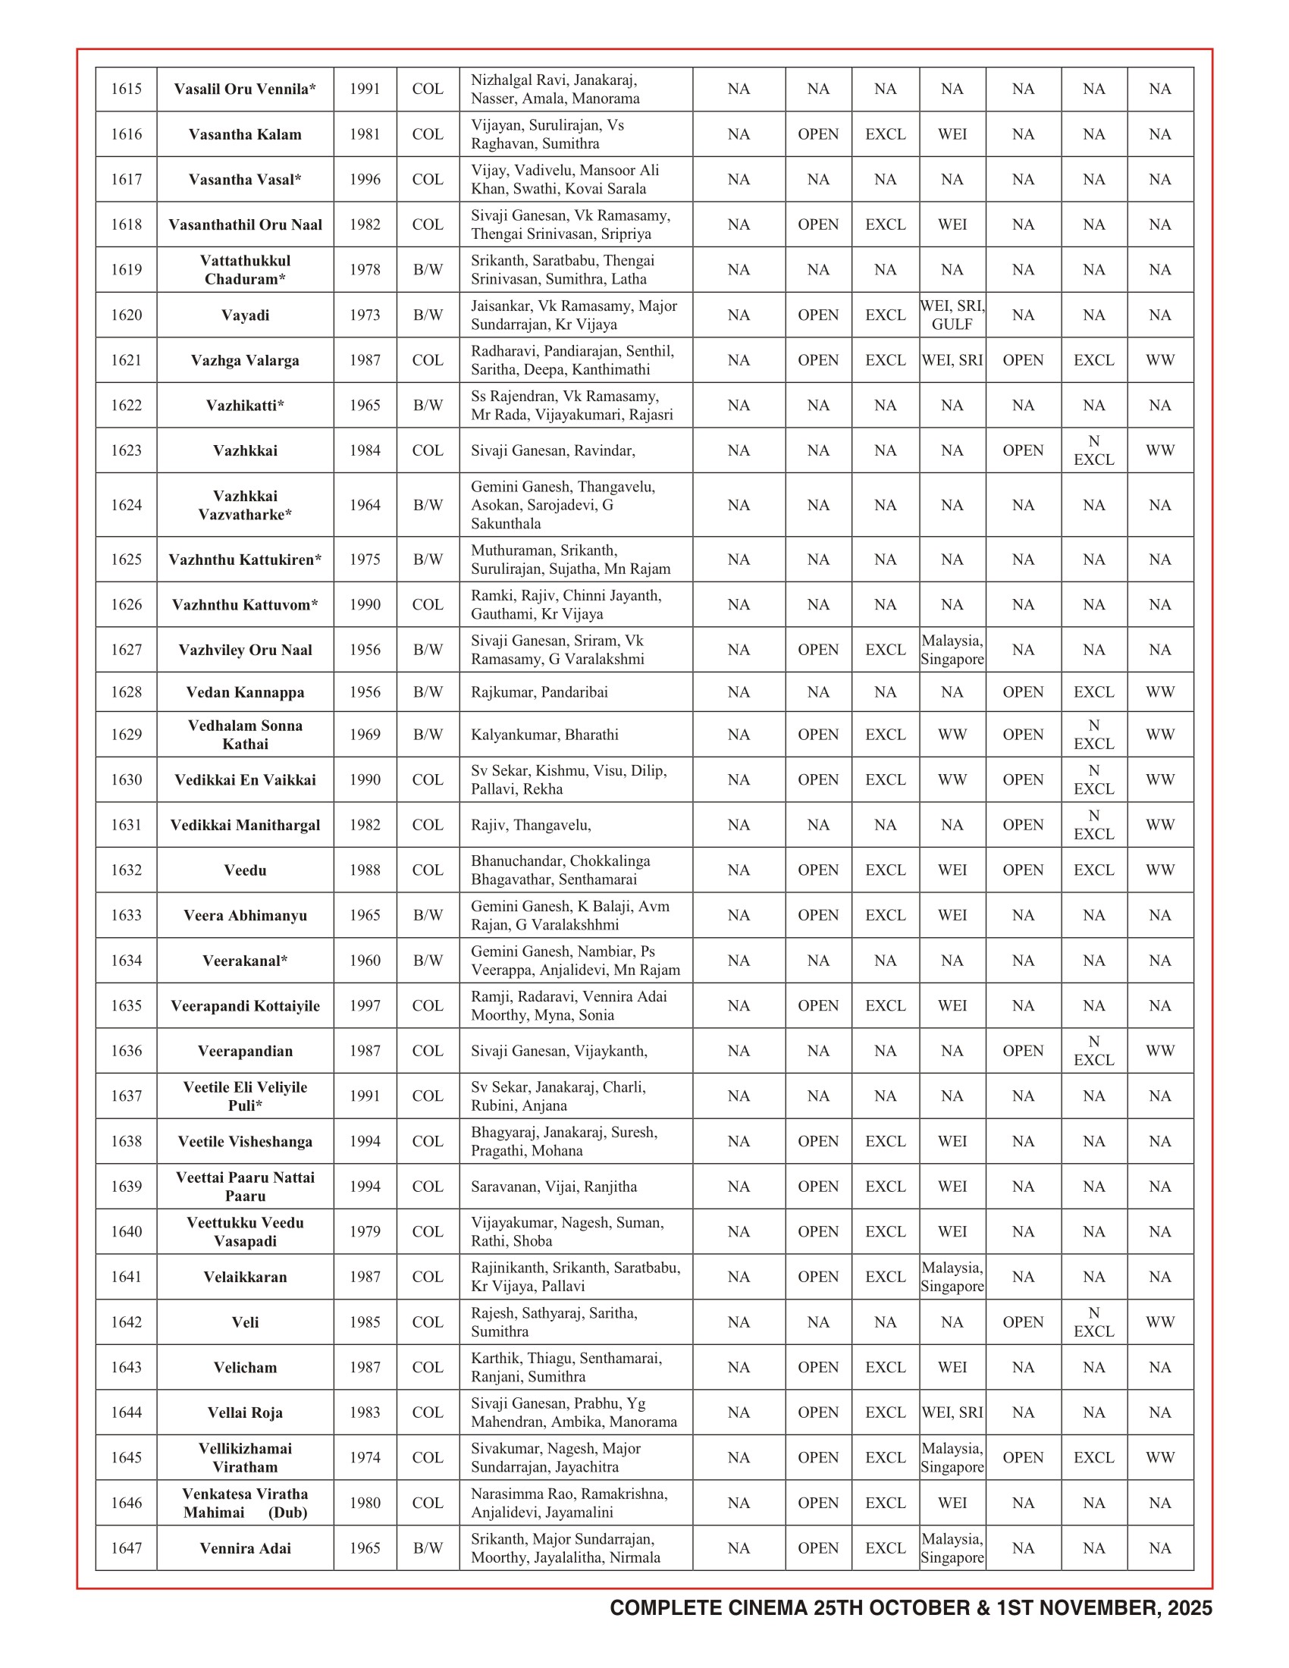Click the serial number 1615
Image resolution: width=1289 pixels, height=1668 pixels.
(x=126, y=89)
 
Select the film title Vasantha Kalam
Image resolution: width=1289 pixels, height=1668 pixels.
(x=245, y=134)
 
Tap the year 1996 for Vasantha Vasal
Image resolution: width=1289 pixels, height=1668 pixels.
(x=365, y=180)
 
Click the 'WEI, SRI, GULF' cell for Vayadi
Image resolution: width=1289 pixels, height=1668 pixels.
(x=952, y=315)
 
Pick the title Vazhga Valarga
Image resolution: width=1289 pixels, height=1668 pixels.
(x=245, y=360)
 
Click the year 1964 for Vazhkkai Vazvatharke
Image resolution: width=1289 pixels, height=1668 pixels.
(x=365, y=505)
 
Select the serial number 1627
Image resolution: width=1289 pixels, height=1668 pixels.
(x=126, y=650)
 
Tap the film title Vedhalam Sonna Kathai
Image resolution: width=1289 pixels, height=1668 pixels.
(x=245, y=735)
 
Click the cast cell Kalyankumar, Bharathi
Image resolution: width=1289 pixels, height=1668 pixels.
(x=544, y=735)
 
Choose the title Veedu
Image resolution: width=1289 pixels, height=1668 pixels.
(x=245, y=870)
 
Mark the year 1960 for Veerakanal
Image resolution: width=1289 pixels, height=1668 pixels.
(x=365, y=961)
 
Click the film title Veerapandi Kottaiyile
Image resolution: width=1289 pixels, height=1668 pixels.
(x=245, y=1006)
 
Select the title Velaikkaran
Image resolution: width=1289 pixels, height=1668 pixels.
(x=245, y=1277)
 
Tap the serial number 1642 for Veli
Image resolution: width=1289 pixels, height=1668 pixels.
(x=126, y=1322)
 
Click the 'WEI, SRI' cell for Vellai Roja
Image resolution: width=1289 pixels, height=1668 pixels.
(x=952, y=1412)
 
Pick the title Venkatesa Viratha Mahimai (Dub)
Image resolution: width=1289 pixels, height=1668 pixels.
(x=245, y=1503)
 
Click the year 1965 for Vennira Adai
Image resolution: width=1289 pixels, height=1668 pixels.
(x=365, y=1548)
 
